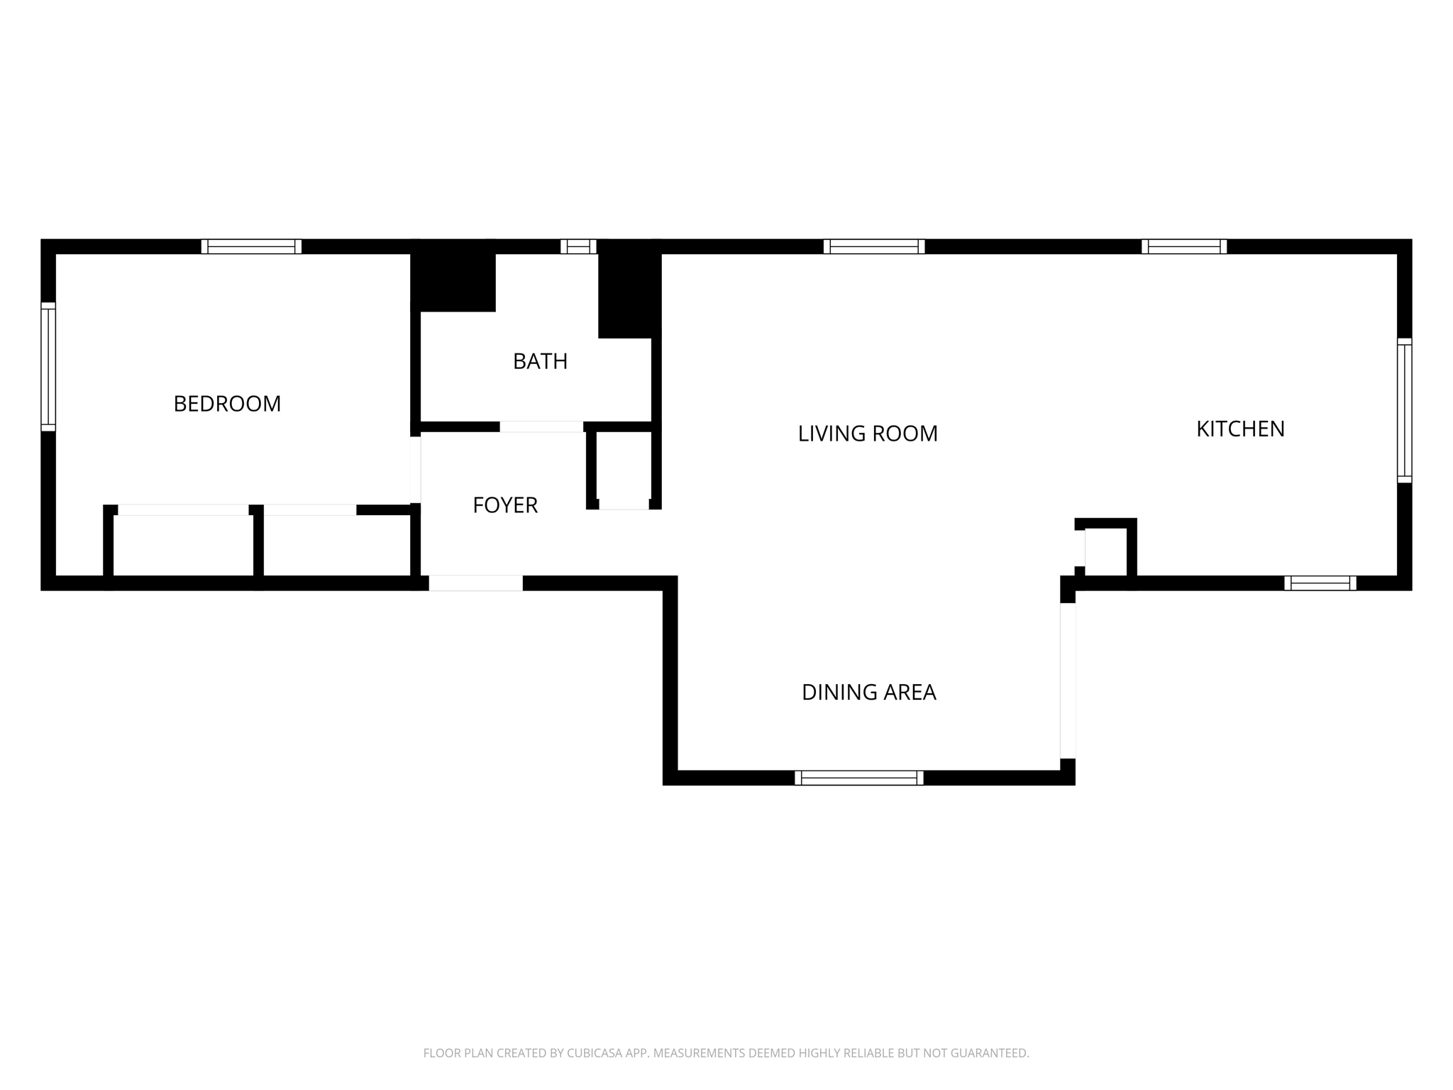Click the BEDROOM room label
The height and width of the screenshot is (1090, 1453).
pyautogui.click(x=227, y=404)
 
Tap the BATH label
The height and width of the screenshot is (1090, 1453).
pyautogui.click(x=540, y=361)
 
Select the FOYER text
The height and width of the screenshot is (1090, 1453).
pyautogui.click(x=505, y=505)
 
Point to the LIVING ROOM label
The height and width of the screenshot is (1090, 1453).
pyautogui.click(x=868, y=434)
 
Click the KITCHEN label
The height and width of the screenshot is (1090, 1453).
pyautogui.click(x=1240, y=429)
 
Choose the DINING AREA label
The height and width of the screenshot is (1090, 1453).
pyautogui.click(x=868, y=692)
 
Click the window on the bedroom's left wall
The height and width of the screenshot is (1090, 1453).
pyautogui.click(x=48, y=366)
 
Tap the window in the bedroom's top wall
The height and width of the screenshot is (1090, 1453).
pyautogui.click(x=251, y=246)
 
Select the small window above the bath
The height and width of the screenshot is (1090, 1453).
pyautogui.click(x=578, y=246)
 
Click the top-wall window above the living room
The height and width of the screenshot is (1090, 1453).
pyautogui.click(x=874, y=246)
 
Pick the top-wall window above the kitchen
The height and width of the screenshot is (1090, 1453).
pyautogui.click(x=1184, y=246)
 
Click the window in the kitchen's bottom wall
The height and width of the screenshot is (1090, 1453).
pyautogui.click(x=1320, y=583)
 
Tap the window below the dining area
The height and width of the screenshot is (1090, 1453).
pyautogui.click(x=858, y=778)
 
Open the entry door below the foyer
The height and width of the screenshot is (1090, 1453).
pyautogui.click(x=475, y=583)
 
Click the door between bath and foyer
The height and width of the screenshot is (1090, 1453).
pyautogui.click(x=541, y=426)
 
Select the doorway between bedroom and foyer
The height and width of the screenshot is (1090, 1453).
pyautogui.click(x=416, y=470)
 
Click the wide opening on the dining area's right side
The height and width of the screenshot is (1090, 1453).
pyautogui.click(x=1068, y=681)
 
